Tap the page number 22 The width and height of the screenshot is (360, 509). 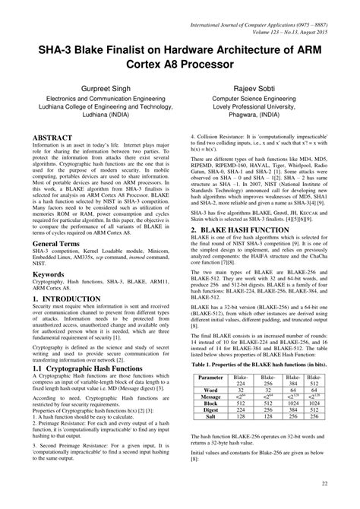click(324, 483)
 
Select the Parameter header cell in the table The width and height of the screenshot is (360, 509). click(214, 377)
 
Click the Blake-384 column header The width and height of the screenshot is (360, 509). click(287, 381)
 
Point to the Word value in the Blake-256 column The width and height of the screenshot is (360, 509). click(266, 389)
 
